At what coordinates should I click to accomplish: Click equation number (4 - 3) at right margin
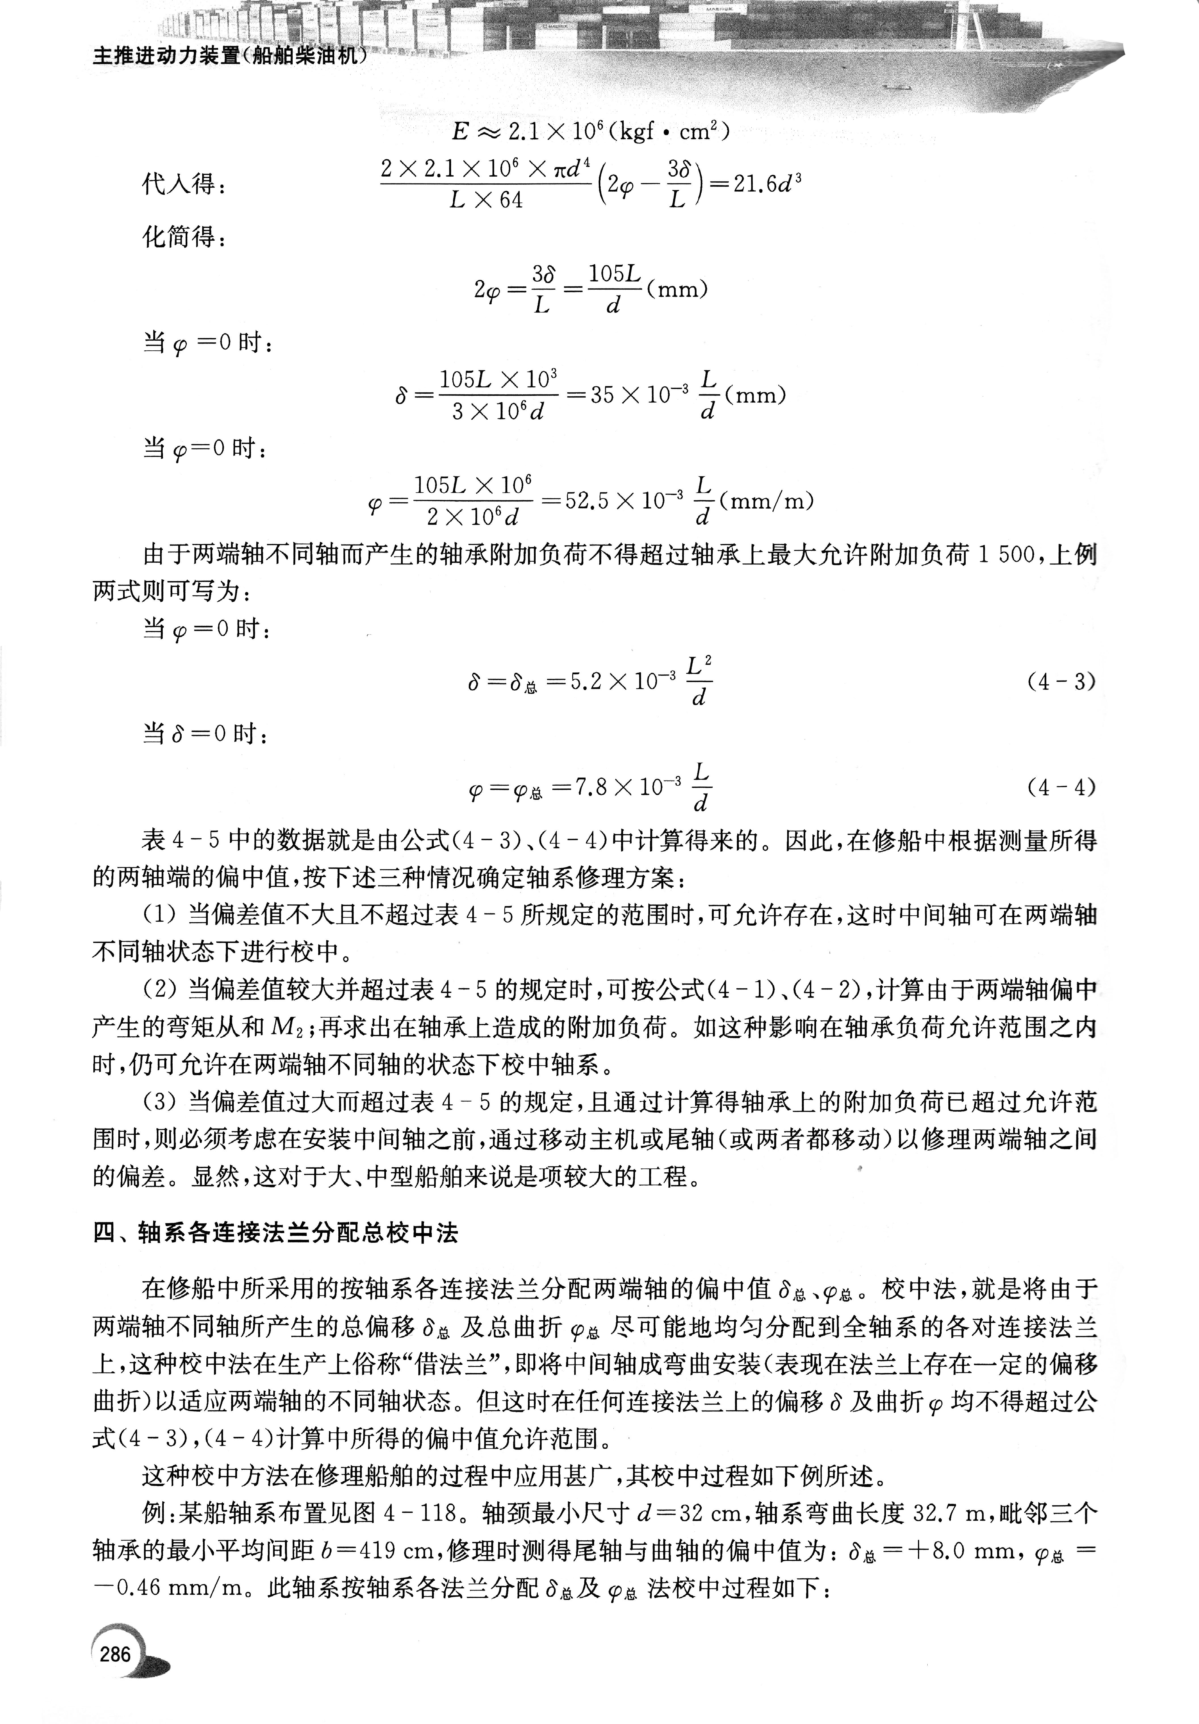[1061, 682]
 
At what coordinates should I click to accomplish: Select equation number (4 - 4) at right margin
[1061, 787]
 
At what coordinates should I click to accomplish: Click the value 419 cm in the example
[401, 1550]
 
